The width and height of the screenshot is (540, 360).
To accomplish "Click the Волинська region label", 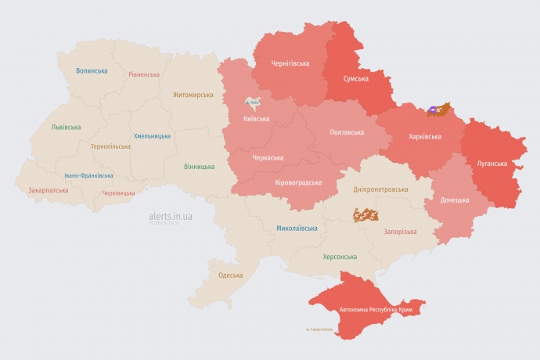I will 92,70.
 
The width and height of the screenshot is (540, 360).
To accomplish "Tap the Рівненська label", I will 144,74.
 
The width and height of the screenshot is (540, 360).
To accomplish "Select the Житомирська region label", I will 193,95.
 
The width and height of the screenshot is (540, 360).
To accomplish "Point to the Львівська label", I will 66,127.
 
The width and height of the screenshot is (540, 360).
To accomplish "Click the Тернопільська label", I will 111,146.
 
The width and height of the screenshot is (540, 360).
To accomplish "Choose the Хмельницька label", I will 152,135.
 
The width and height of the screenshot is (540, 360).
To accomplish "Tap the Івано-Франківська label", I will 88,175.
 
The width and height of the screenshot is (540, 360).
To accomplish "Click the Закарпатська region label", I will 47,190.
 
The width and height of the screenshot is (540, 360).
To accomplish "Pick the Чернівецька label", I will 119,193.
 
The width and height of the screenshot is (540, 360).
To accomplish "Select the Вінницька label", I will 199,167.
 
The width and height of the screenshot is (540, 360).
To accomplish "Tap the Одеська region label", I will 230,275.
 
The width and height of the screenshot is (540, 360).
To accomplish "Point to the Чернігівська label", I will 290,63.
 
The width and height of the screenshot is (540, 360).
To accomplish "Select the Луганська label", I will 491,164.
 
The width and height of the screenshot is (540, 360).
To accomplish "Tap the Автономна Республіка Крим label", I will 376,310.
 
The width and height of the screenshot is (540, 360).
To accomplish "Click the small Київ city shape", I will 254,103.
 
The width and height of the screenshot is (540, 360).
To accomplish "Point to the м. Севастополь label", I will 319,329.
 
